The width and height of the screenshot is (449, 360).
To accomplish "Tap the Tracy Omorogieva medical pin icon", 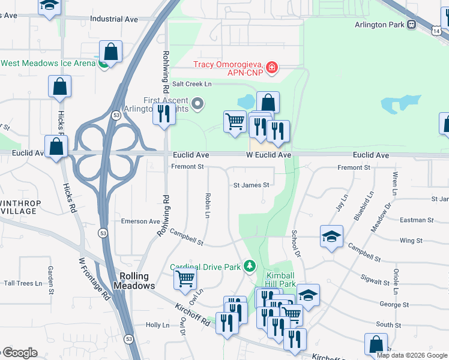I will [272, 67].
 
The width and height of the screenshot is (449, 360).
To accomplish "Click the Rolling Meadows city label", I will [134, 281].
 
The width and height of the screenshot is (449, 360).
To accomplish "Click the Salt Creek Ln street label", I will [192, 85].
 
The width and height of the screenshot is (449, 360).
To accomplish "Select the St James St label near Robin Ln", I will [251, 185].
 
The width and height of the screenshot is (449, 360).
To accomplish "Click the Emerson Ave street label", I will [140, 221].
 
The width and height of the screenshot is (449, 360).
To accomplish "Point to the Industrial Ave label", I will [114, 19].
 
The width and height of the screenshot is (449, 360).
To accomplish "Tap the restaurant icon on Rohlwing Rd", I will [163, 113].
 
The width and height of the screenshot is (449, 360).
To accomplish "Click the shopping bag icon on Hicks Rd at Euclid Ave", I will [56, 147].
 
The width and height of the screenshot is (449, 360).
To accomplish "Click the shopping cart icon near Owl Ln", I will [185, 278].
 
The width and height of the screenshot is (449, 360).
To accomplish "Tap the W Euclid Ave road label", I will [269, 155].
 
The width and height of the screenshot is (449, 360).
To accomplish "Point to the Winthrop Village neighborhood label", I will [21, 208].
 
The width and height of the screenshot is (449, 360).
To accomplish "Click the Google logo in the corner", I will [19, 353].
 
